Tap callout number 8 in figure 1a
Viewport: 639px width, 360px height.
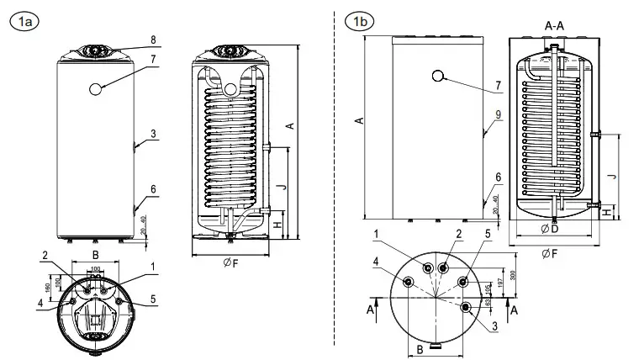pyautogui.click(x=153, y=39)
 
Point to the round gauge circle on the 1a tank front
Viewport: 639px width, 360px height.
pyautogui.click(x=96, y=87)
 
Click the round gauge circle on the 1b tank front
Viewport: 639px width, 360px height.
pyautogui.click(x=438, y=77)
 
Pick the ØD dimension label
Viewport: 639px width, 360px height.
pyautogui.click(x=552, y=229)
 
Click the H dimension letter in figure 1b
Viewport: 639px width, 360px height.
pyautogui.click(x=607, y=214)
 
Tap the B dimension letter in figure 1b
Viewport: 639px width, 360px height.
pyautogui.click(x=420, y=348)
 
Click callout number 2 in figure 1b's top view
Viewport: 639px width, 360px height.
pyautogui.click(x=459, y=234)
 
